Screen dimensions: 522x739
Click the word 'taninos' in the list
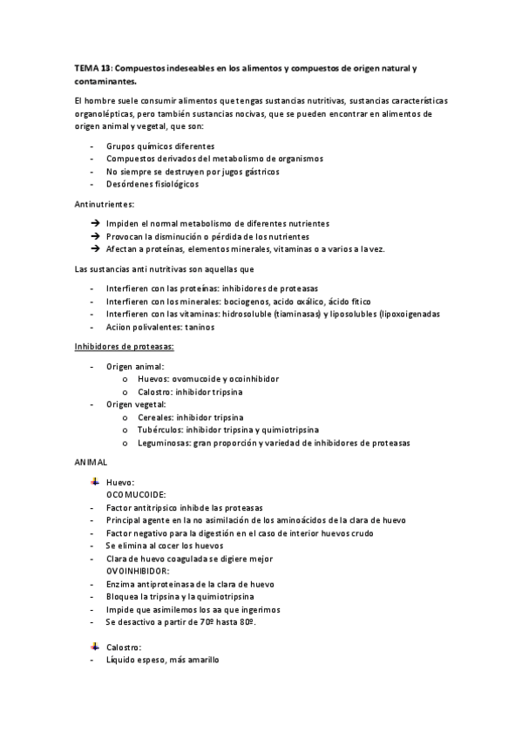(x=199, y=327)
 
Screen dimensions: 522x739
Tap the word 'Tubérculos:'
(x=159, y=430)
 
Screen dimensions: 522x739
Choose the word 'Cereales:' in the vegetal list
(x=156, y=417)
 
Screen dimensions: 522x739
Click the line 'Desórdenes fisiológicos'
(x=153, y=184)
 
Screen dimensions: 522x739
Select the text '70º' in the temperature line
(x=205, y=622)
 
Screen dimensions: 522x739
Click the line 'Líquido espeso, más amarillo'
(x=162, y=661)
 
